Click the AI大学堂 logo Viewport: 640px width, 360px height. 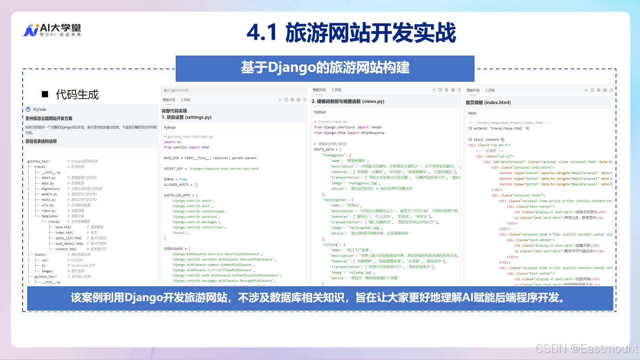pos(52,30)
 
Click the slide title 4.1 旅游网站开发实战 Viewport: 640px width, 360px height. pos(351,33)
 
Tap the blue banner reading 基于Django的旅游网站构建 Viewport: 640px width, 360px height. pos(325,68)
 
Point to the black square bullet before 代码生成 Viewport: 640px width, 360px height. pos(44,94)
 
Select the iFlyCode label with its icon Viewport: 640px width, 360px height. pos(36,109)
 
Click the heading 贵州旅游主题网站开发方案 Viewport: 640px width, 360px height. pos(49,119)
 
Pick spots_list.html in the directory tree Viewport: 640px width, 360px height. pos(68,238)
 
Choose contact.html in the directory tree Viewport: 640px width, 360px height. pos(66,249)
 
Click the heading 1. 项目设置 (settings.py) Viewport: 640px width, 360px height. pos(186,117)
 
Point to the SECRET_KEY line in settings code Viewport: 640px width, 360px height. pos(212,169)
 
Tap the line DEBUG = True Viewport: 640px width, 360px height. pos(175,180)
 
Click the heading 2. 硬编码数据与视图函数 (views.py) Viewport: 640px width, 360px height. pos(348,101)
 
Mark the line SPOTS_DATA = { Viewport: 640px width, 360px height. pos(330,150)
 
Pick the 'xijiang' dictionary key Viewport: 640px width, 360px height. pos(331,244)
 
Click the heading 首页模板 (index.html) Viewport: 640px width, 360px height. pos(488,102)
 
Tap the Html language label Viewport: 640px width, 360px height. pos(472,113)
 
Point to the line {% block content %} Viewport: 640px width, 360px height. pos(486,140)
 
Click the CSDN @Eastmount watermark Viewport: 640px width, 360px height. pos(587,348)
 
